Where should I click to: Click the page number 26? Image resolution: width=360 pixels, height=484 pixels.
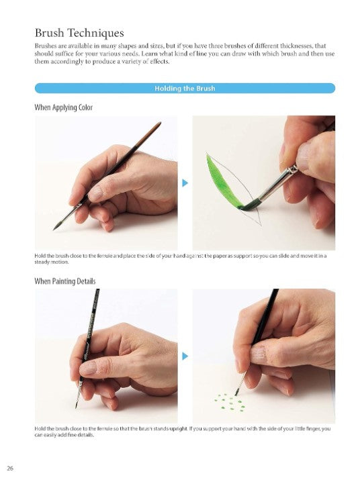[x=10, y=469]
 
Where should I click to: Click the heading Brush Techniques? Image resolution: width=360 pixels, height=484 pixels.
[x=79, y=33]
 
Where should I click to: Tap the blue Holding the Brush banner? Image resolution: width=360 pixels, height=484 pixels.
[x=185, y=89]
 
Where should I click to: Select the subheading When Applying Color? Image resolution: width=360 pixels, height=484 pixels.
[x=64, y=107]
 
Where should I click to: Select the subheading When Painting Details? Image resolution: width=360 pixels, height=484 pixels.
[x=65, y=281]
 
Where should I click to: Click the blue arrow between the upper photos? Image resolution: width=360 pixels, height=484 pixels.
[x=185, y=183]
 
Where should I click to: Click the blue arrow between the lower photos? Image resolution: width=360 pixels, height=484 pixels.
[x=185, y=356]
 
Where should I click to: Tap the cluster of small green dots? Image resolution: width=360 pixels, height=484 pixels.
[x=230, y=402]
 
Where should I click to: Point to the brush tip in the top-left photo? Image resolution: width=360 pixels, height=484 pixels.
[x=58, y=226]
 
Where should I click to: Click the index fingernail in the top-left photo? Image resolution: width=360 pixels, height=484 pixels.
[x=96, y=193]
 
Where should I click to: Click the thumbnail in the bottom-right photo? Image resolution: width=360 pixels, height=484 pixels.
[x=259, y=354]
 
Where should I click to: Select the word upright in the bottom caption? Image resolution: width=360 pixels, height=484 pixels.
[x=179, y=429]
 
